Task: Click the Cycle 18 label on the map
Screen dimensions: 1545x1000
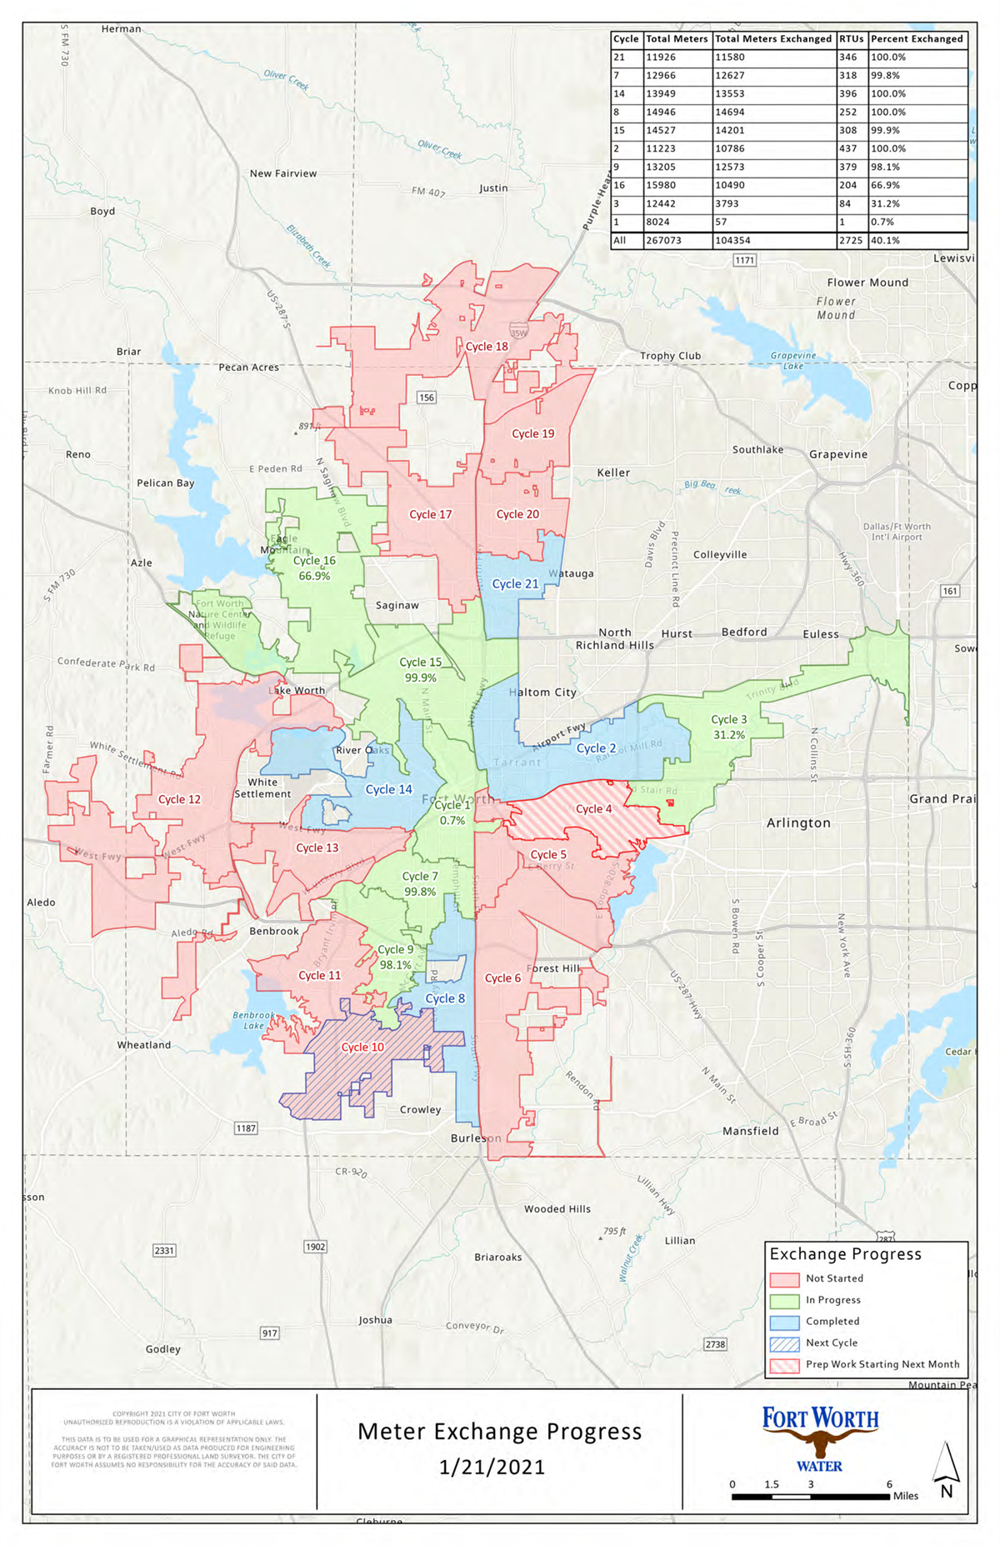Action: [x=487, y=347]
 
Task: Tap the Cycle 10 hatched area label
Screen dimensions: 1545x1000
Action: [x=362, y=1047]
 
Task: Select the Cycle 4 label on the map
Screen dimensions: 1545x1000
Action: [x=594, y=809]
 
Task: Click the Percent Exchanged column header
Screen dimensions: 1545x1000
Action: [x=917, y=39]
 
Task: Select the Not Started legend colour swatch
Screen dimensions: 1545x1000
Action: [x=784, y=1279]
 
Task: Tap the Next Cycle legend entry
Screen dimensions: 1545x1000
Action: [x=831, y=1343]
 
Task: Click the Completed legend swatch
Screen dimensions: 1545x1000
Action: [x=784, y=1322]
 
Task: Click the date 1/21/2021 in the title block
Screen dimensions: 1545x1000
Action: [x=492, y=1467]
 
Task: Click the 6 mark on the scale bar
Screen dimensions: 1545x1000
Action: [x=889, y=1484]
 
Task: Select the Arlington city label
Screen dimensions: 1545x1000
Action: [x=798, y=823]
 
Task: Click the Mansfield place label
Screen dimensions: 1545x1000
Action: [x=750, y=1132]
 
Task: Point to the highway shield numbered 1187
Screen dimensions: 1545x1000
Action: [x=246, y=1128]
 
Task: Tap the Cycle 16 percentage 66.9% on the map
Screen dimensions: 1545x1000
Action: [x=314, y=577]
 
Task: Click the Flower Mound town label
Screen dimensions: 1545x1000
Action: [x=867, y=282]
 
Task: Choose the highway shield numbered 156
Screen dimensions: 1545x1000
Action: [x=427, y=397]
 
